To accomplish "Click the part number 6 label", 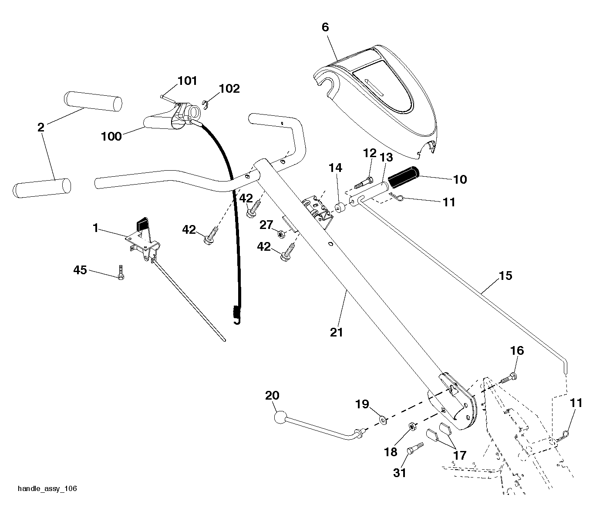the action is coord(325,27).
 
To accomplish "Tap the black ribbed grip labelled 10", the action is coord(403,177).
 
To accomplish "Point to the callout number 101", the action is coord(187,81).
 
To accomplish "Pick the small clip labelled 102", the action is coord(206,105).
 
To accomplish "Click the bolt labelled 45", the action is coord(121,272).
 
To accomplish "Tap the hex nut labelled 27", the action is coord(281,234).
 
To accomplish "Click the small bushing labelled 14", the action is coord(340,209).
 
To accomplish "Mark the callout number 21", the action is coord(337,332).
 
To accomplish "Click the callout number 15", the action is coord(506,276).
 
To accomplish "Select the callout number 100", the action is coord(111,136).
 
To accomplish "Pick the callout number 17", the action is coord(460,455).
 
